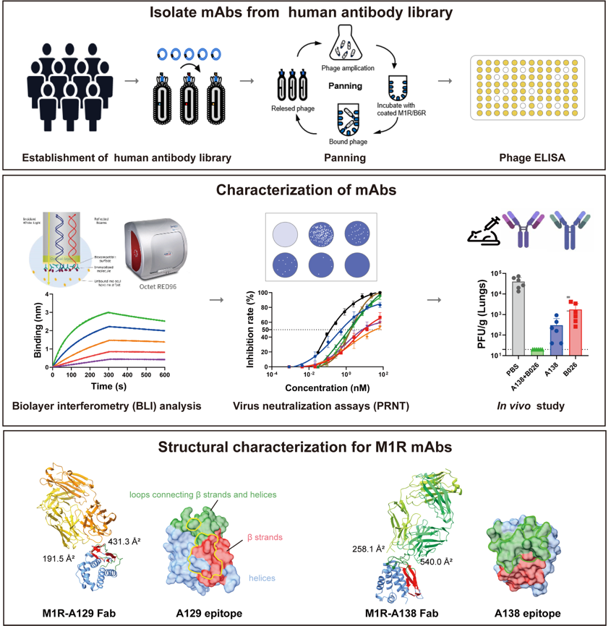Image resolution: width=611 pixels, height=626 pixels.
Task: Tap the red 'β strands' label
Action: click(263, 538)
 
